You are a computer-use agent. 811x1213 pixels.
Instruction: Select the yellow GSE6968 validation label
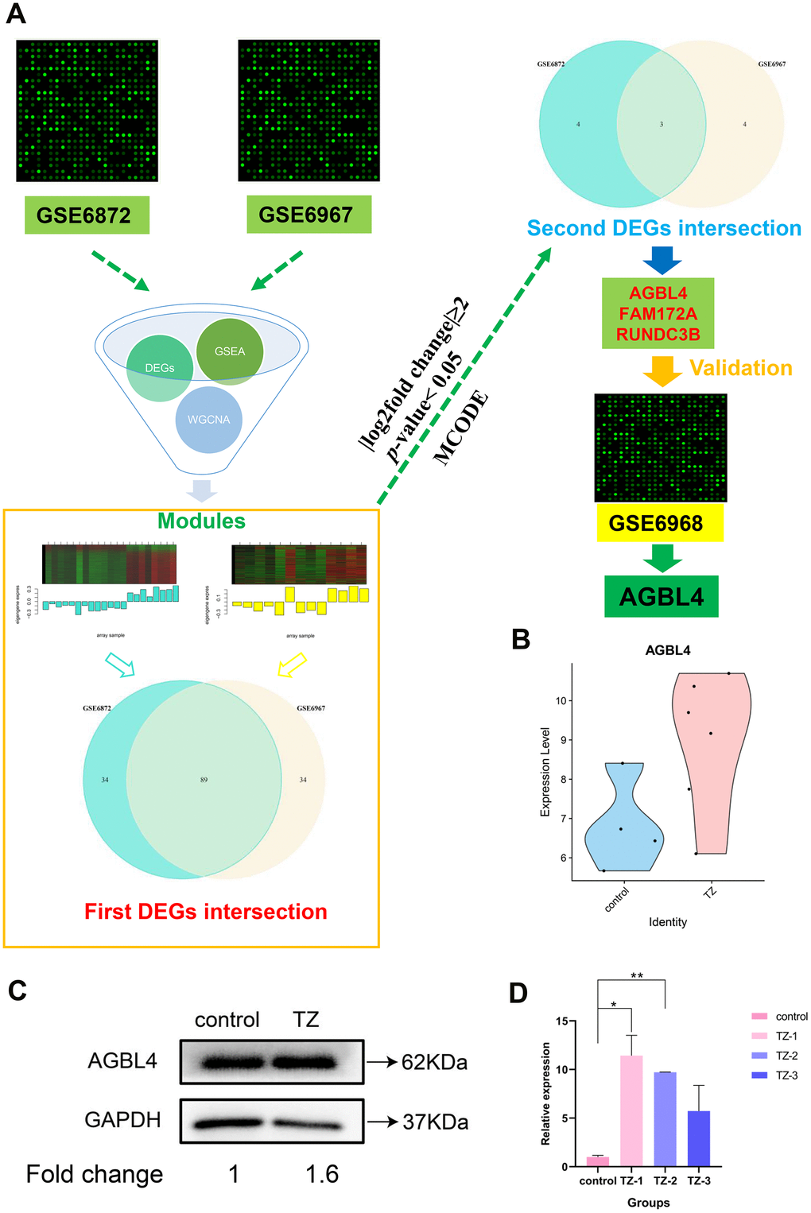(659, 523)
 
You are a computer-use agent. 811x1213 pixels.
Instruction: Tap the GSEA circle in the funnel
(230, 351)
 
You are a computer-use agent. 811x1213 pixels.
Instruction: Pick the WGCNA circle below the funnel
(208, 419)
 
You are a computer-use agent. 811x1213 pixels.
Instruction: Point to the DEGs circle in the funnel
(160, 368)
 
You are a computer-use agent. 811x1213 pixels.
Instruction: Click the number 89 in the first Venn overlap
(204, 780)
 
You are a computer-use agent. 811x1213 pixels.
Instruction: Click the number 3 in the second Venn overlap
(661, 124)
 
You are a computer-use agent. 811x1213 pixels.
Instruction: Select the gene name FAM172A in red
(658, 314)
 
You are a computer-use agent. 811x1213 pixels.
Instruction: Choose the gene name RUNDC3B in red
(658, 335)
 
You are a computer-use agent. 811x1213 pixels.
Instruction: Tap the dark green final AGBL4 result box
(661, 597)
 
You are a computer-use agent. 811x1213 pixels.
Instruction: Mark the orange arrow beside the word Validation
(662, 370)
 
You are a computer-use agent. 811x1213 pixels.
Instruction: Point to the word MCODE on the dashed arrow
(460, 428)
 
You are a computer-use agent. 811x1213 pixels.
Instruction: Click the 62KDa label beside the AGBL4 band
(434, 1062)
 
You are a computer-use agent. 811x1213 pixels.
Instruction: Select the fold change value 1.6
(322, 1174)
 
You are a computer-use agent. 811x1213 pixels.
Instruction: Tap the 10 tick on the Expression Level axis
(561, 701)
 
